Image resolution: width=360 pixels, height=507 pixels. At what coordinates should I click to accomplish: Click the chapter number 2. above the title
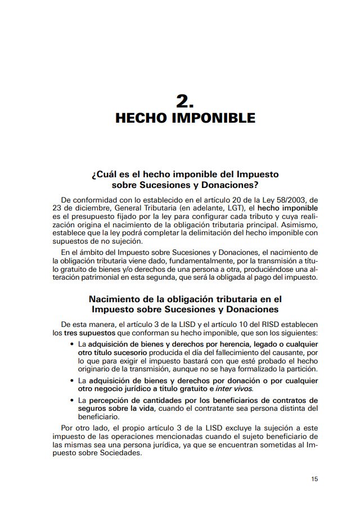point(184,101)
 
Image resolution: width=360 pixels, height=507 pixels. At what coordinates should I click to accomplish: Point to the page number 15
point(314,479)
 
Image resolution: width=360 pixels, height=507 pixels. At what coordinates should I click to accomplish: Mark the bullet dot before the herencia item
point(71,344)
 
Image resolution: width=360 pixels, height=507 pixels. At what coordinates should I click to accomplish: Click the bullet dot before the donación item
point(71,381)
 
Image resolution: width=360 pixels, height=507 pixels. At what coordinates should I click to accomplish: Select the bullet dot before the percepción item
point(71,401)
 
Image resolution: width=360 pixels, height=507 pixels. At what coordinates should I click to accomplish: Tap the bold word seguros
point(92,409)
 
